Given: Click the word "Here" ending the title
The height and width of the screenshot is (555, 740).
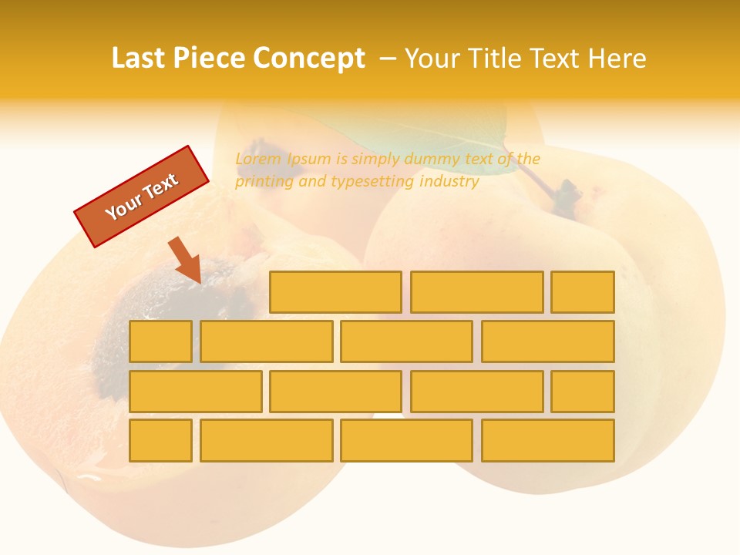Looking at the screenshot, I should coord(617,59).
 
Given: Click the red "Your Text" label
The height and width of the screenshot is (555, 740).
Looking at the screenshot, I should coord(142,197).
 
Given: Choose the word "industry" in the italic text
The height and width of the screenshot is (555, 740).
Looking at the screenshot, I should coord(449,182).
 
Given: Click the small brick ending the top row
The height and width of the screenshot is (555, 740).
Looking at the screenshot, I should coord(582,292).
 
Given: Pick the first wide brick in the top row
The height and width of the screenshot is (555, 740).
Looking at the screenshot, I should coord(335,292).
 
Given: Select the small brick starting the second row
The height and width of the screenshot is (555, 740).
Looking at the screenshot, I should coord(160,341).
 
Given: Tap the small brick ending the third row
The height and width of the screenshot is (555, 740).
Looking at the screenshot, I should coord(582,391).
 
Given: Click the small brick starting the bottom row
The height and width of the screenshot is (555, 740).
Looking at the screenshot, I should coord(160,440).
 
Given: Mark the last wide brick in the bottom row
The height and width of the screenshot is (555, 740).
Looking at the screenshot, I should coord(547,440).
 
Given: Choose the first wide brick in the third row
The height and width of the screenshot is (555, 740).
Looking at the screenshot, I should coord(195,391).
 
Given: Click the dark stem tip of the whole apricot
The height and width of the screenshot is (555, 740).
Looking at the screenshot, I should coord(569,191).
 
